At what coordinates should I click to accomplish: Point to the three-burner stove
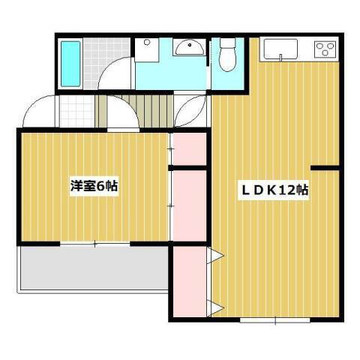[325, 49]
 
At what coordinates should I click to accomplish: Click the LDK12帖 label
[273, 190]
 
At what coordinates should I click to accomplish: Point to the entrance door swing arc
[37, 112]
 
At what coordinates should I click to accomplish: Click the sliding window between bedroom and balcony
[95, 243]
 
